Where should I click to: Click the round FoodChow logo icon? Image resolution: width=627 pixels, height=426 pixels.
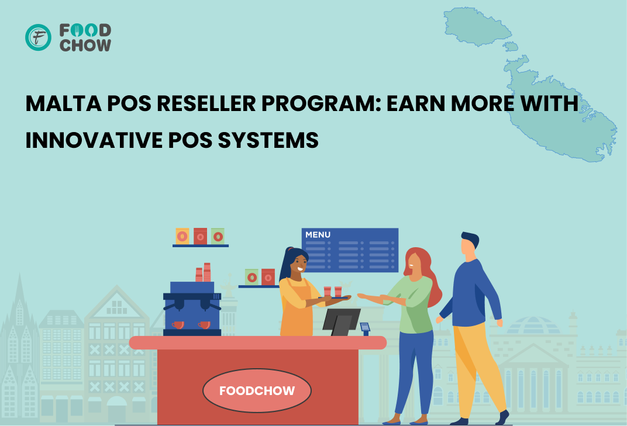[38, 37]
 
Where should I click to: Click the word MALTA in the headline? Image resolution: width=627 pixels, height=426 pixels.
[64, 103]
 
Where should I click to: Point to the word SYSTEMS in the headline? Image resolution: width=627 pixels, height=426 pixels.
[268, 140]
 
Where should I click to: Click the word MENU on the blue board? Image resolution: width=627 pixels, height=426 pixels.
[318, 235]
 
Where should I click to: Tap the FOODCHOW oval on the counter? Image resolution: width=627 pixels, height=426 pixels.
[257, 390]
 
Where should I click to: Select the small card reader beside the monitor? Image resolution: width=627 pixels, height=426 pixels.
[365, 328]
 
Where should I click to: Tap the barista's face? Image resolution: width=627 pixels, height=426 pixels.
[299, 264]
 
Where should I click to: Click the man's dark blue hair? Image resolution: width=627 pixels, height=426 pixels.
[470, 238]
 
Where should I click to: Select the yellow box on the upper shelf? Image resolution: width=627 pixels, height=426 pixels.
[182, 236]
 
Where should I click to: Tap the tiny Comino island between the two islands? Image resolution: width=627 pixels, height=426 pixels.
[511, 46]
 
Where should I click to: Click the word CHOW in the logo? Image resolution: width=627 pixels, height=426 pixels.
[85, 46]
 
